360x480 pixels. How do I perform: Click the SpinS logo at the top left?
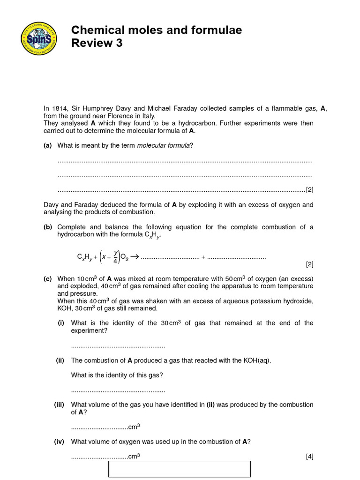click(x=39, y=38)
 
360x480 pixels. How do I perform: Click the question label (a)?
click(x=47, y=145)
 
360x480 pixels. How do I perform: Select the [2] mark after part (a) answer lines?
click(x=309, y=190)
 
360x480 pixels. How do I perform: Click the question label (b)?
click(x=47, y=227)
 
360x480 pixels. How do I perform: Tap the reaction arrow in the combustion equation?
click(x=135, y=256)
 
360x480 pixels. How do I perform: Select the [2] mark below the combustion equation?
click(x=309, y=264)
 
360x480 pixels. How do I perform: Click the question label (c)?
click(x=47, y=278)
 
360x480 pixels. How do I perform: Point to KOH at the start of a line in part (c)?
click(x=65, y=308)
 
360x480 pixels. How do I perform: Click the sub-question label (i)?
click(x=61, y=323)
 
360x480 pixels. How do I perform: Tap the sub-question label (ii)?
click(x=60, y=360)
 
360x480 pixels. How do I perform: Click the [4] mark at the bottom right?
click(x=309, y=456)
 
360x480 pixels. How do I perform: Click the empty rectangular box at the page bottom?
click(x=180, y=469)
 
